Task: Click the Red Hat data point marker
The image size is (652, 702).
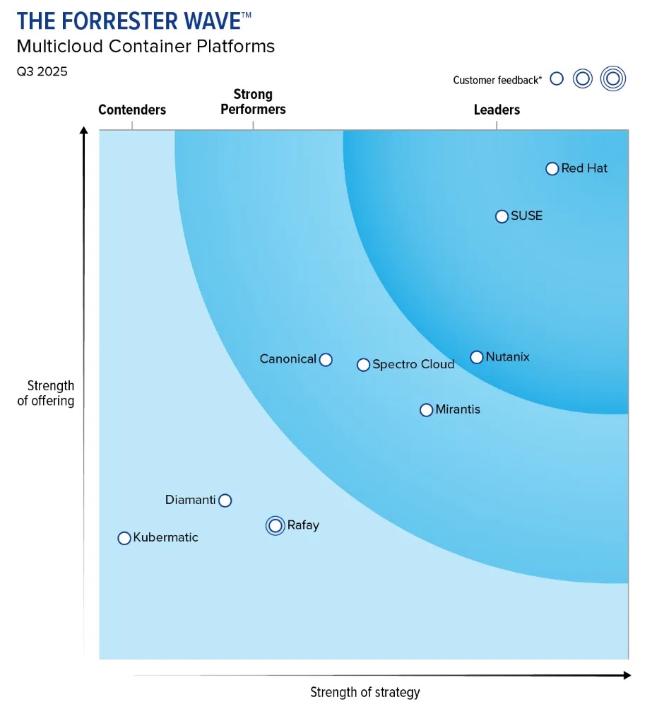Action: pyautogui.click(x=552, y=168)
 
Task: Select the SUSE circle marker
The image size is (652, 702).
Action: pyautogui.click(x=502, y=216)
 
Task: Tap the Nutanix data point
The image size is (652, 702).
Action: pyautogui.click(x=477, y=357)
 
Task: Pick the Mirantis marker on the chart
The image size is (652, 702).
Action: pyautogui.click(x=426, y=410)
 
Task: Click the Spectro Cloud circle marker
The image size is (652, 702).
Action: pyautogui.click(x=363, y=365)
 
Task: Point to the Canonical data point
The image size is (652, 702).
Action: pyautogui.click(x=326, y=360)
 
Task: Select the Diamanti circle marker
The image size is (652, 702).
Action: pyautogui.click(x=225, y=501)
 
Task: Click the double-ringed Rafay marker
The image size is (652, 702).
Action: pyautogui.click(x=275, y=526)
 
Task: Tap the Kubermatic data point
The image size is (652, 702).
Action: pyautogui.click(x=124, y=538)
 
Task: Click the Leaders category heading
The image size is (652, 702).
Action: pyautogui.click(x=497, y=110)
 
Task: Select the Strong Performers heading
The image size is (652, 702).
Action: pyautogui.click(x=253, y=102)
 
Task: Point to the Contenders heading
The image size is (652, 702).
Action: pyautogui.click(x=132, y=110)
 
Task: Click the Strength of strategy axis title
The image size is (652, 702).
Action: pyautogui.click(x=365, y=692)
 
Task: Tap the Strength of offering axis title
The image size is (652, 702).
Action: pyautogui.click(x=47, y=393)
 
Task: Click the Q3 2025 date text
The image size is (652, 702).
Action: pyautogui.click(x=42, y=71)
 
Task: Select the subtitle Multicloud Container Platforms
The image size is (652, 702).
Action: pyautogui.click(x=146, y=47)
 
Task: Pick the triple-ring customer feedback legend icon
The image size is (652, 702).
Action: pyautogui.click(x=613, y=78)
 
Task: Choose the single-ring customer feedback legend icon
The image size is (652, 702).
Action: pyautogui.click(x=557, y=78)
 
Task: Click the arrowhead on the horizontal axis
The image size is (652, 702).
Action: pyautogui.click(x=627, y=675)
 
